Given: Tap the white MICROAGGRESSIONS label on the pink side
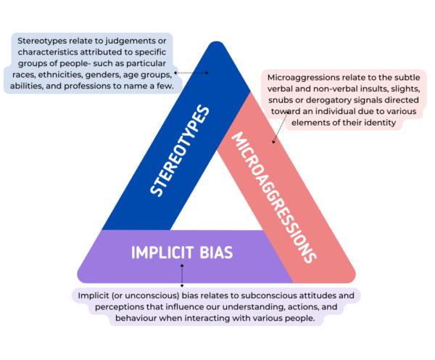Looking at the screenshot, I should point(273,197).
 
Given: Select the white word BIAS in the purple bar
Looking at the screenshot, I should point(213,253).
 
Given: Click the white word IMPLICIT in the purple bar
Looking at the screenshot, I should point(159,253).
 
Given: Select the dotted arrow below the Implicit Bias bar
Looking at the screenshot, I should point(181,276).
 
